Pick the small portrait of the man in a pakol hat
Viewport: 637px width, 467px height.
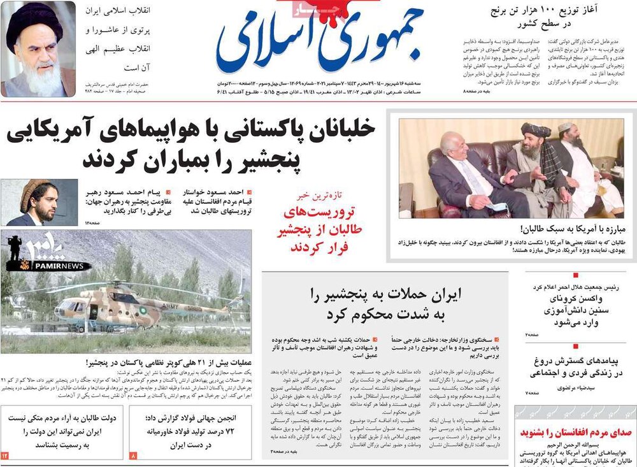tap(30, 202)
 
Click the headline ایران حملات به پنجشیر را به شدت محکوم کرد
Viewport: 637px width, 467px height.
tap(385, 304)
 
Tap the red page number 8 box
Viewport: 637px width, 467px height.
tap(133, 456)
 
